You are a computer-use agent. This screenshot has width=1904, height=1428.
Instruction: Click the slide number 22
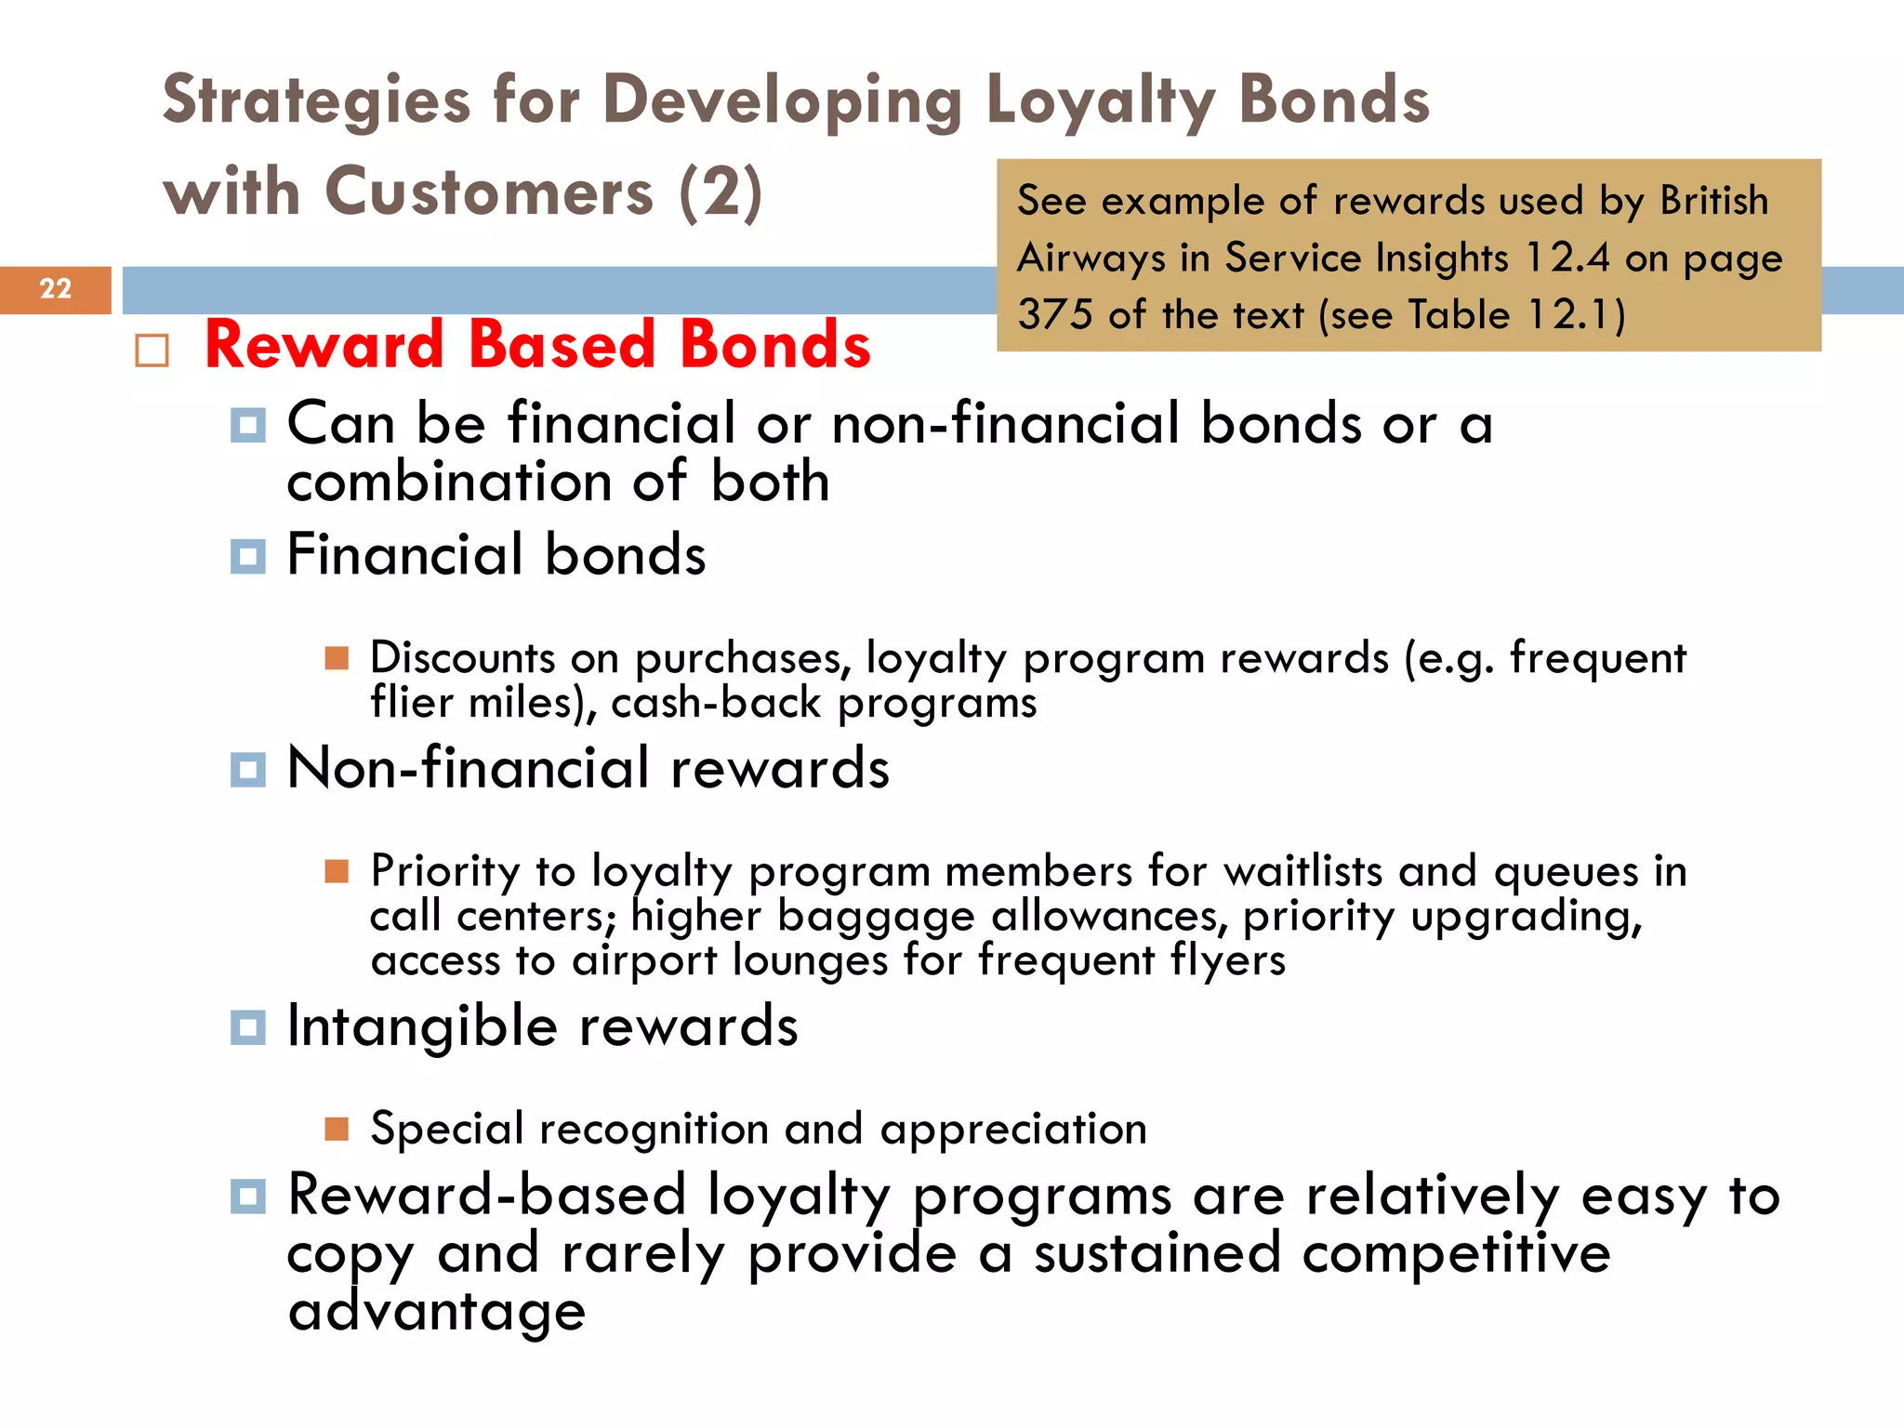click(x=56, y=289)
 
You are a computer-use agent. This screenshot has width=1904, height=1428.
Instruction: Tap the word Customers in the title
click(x=489, y=192)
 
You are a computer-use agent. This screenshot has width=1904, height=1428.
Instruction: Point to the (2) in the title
click(x=721, y=192)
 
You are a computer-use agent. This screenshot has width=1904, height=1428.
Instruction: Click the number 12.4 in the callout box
click(x=1567, y=258)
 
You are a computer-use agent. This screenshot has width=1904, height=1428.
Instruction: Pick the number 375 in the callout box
click(x=1054, y=314)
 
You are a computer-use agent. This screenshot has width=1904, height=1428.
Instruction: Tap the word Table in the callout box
click(x=1459, y=314)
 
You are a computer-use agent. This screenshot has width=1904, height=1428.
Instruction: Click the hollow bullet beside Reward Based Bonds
click(x=152, y=350)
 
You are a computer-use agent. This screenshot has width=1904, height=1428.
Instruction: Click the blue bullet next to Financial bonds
click(x=247, y=557)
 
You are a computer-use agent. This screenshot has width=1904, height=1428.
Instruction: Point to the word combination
click(x=449, y=483)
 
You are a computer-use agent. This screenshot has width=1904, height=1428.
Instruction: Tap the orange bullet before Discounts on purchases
click(x=337, y=658)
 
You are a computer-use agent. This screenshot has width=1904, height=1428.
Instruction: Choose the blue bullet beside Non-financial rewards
click(x=247, y=770)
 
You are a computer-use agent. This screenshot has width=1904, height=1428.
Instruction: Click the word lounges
click(x=810, y=960)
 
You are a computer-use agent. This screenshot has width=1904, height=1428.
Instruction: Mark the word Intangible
click(x=422, y=1026)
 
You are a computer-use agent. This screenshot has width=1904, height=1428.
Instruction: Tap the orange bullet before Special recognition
click(x=337, y=1129)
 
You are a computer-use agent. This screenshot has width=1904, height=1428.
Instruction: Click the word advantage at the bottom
click(x=437, y=1312)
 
